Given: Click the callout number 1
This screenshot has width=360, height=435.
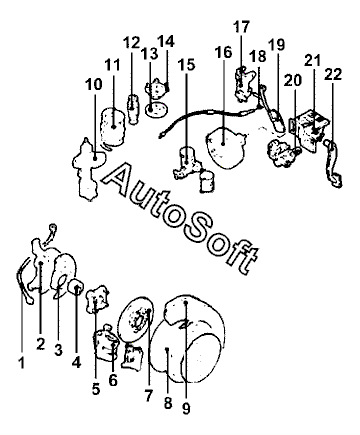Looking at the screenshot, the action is pyautogui.click(x=21, y=363).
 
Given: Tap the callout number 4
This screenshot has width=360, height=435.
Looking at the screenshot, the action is pyautogui.click(x=76, y=362).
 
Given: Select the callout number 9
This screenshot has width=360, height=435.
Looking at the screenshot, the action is pyautogui.click(x=186, y=408).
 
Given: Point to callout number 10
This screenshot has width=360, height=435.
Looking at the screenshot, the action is pyautogui.click(x=94, y=84).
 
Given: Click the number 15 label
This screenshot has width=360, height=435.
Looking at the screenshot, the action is pyautogui.click(x=187, y=64).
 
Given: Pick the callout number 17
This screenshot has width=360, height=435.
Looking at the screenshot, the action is pyautogui.click(x=241, y=27).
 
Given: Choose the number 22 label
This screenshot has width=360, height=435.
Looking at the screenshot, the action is pyautogui.click(x=333, y=74).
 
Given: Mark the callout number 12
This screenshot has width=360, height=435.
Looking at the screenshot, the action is pyautogui.click(x=131, y=42).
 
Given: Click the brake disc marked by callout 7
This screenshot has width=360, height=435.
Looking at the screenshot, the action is pyautogui.click(x=137, y=319).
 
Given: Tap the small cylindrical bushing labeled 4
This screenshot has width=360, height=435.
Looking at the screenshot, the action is pyautogui.click(x=77, y=287).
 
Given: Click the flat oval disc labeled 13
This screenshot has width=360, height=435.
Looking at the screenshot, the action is pyautogui.click(x=156, y=109).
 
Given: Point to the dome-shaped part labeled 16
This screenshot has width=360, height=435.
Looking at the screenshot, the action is pyautogui.click(x=226, y=147).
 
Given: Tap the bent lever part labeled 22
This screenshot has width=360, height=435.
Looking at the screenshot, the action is pyautogui.click(x=333, y=163).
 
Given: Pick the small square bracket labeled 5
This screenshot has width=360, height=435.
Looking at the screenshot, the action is pyautogui.click(x=97, y=299).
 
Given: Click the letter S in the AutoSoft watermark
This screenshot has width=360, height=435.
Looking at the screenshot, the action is pyautogui.click(x=199, y=225).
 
